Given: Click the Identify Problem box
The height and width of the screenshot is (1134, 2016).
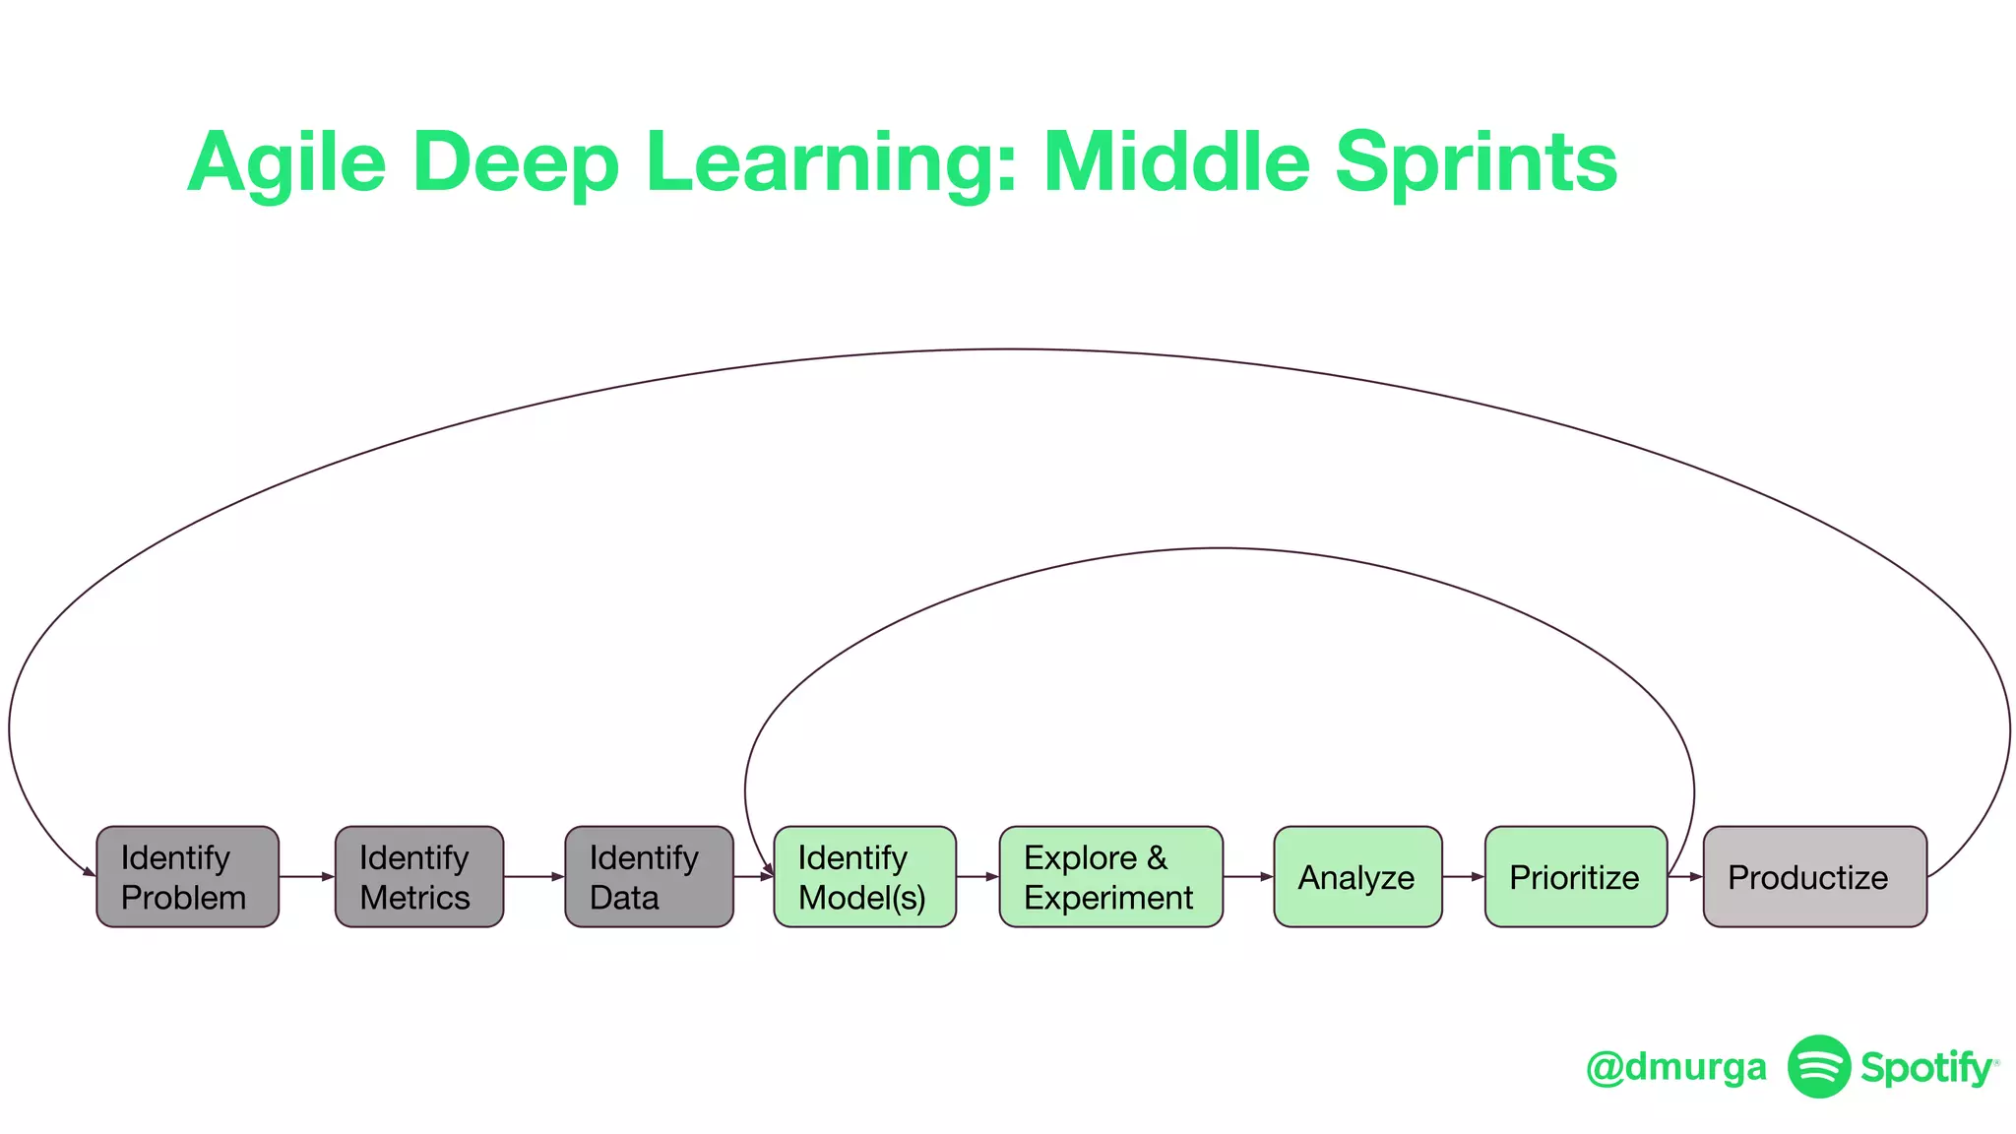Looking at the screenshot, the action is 187,876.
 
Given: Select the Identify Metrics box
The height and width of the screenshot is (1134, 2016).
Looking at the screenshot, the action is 419,876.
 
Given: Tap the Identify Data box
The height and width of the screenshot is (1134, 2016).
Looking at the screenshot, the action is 649,876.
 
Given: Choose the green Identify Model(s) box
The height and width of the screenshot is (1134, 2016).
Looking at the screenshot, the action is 864,876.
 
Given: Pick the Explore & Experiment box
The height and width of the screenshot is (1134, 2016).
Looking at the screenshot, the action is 1110,876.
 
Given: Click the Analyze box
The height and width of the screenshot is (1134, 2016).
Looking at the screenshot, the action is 1357,876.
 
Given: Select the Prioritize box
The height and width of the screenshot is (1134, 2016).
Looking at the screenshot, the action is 1575,876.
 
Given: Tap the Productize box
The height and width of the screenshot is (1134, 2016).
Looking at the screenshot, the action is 1814,876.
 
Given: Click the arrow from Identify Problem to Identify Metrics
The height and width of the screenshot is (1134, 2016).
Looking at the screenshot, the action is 307,876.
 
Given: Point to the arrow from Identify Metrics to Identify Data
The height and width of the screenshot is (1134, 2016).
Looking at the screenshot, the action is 535,876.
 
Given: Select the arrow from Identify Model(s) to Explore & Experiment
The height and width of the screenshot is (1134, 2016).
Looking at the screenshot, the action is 977,876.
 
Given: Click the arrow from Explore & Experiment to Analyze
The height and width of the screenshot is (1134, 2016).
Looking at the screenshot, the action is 1248,876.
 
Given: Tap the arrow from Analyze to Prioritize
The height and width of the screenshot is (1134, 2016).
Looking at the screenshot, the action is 1464,876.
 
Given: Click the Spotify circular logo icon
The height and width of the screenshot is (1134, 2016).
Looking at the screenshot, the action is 1818,1066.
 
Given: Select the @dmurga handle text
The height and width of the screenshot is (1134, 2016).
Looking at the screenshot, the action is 1675,1067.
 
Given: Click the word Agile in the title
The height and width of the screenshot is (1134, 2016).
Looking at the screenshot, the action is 286,163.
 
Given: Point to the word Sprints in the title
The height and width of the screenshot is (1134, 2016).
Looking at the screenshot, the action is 1476,163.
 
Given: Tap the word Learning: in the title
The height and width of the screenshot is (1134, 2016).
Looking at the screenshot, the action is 830,163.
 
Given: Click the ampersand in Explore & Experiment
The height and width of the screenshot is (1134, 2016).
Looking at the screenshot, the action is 1157,857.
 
